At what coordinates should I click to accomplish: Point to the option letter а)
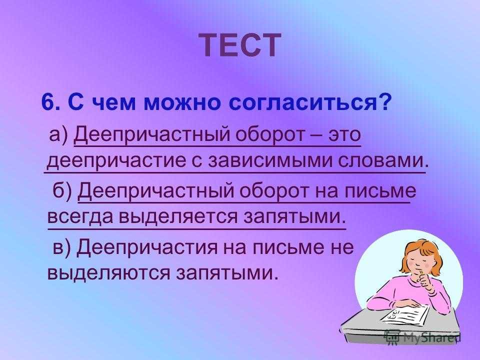coord(59,135)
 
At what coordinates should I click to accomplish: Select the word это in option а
coord(344,135)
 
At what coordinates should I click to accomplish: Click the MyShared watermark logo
coord(423,336)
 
